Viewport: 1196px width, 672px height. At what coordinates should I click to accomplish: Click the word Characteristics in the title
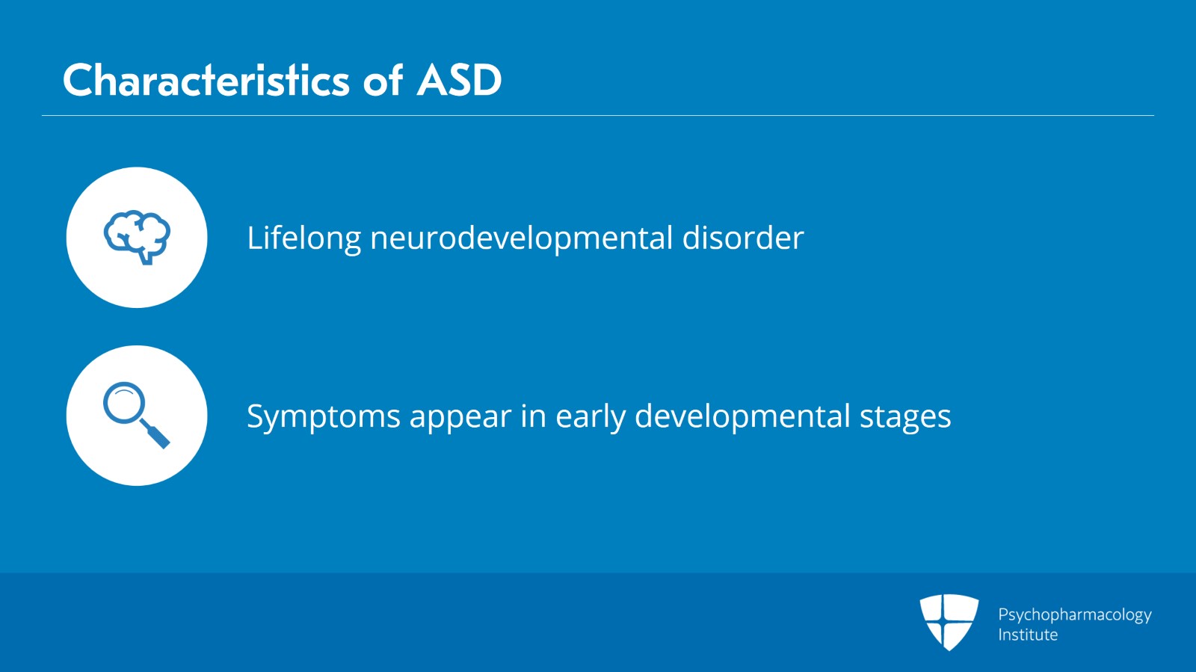pyautogui.click(x=206, y=80)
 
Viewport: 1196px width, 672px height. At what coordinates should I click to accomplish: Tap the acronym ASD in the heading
pyautogui.click(x=459, y=80)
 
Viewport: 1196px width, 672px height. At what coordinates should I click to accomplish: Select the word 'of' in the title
pyautogui.click(x=383, y=80)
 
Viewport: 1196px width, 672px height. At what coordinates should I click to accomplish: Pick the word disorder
pyautogui.click(x=742, y=238)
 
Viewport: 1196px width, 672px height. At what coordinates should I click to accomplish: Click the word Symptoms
pyautogui.click(x=323, y=416)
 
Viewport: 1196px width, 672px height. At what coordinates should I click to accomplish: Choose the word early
pyautogui.click(x=590, y=416)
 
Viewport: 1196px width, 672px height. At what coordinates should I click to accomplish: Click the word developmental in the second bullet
pyautogui.click(x=742, y=416)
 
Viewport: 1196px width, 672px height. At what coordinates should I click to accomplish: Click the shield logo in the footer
pyautogui.click(x=949, y=621)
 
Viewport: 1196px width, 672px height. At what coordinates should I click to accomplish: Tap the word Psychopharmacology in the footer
pyautogui.click(x=1074, y=614)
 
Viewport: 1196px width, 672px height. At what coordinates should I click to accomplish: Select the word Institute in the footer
pyautogui.click(x=1027, y=635)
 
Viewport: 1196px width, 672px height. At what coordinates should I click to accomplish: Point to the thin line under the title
pyautogui.click(x=598, y=116)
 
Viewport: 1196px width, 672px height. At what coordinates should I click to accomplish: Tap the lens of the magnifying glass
pyautogui.click(x=123, y=403)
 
